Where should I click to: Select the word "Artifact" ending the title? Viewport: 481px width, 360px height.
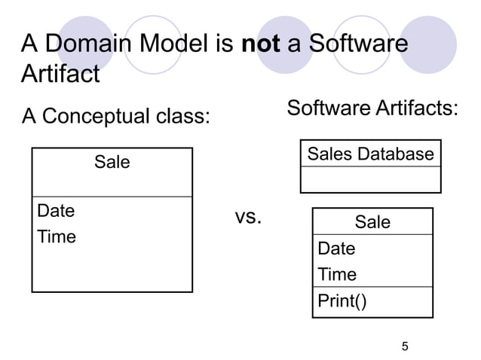(60, 74)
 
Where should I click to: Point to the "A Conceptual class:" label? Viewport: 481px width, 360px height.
(115, 117)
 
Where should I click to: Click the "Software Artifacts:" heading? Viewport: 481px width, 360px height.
(372, 108)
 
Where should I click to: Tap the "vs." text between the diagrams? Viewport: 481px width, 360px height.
(248, 218)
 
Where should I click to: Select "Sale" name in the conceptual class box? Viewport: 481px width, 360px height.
(112, 162)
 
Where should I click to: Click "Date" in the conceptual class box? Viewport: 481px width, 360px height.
(56, 210)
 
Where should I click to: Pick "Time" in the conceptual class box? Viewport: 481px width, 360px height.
(57, 236)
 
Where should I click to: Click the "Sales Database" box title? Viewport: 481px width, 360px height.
(370, 154)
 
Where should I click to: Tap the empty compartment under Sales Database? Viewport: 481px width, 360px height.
(370, 180)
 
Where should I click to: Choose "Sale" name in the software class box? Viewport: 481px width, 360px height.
(372, 221)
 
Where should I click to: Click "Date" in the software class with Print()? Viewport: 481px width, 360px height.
(336, 248)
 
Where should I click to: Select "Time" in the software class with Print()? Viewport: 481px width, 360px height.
(337, 274)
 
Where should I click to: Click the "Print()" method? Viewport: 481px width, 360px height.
(342, 301)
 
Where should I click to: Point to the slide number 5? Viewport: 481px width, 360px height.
(405, 346)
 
